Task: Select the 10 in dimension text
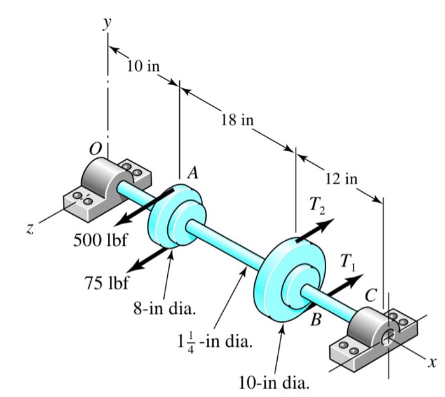click(143, 67)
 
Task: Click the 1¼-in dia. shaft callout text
click(214, 343)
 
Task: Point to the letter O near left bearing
click(95, 148)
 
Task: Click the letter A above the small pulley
click(193, 172)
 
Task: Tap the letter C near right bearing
click(370, 295)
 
